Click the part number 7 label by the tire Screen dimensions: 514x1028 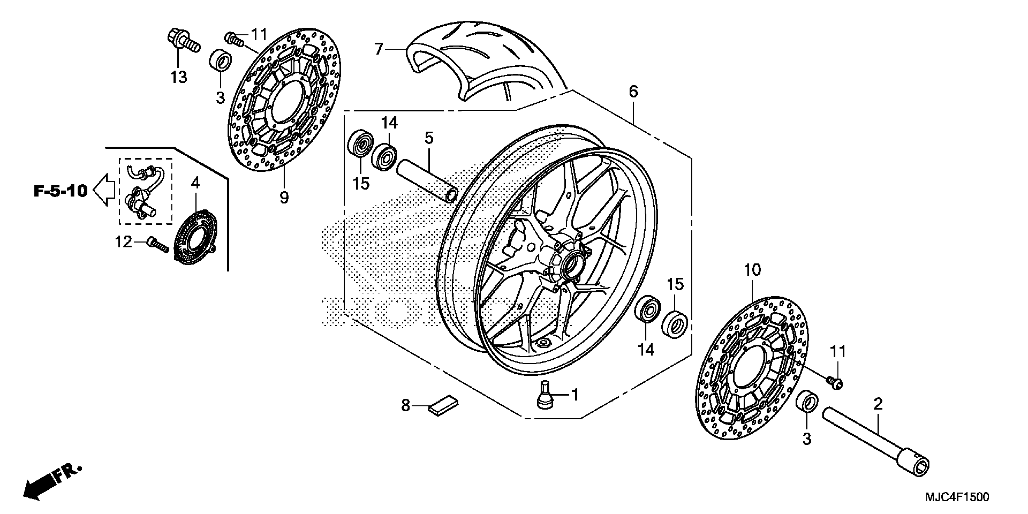[378, 50]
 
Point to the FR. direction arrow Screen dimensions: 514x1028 [52, 483]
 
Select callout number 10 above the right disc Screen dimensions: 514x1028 [753, 271]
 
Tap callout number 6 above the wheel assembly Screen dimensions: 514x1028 [633, 92]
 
